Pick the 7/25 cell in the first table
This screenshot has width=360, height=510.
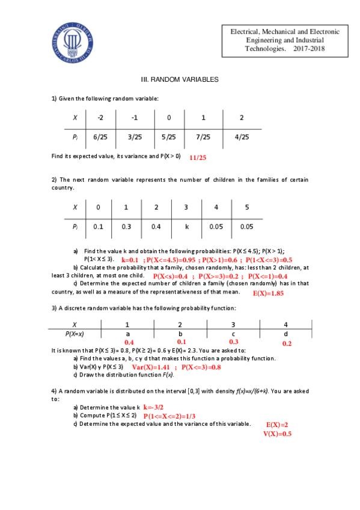204,137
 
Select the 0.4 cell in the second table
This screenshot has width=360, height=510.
156,227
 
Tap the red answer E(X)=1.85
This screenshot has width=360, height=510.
268,293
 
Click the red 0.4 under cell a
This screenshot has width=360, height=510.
129,342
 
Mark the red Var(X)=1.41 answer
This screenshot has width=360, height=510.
150,366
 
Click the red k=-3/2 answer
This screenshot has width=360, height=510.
153,407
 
